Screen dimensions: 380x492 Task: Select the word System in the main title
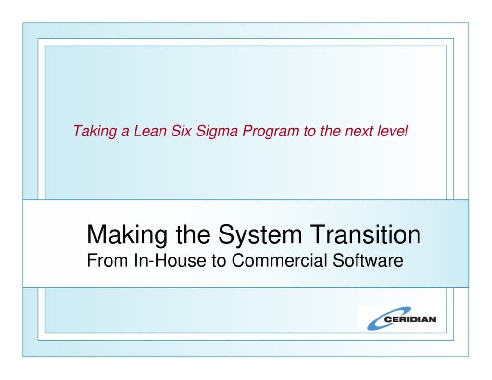tap(260, 235)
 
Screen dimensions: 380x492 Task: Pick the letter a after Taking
tap(124, 131)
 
